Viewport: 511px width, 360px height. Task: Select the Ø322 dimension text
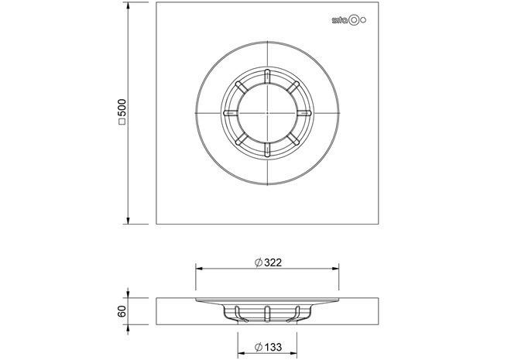pos(268,262)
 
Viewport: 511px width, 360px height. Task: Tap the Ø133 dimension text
pos(268,348)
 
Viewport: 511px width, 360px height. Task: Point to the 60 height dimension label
pos(122,311)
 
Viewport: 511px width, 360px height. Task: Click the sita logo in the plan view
pos(348,20)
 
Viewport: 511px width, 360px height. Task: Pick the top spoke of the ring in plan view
pos(267,77)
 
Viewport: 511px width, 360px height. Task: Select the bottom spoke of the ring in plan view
pos(267,149)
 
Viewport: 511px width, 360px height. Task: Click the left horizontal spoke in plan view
pos(231,113)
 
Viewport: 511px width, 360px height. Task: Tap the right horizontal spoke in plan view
pos(304,113)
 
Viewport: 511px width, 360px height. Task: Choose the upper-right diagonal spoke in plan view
pos(293,87)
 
